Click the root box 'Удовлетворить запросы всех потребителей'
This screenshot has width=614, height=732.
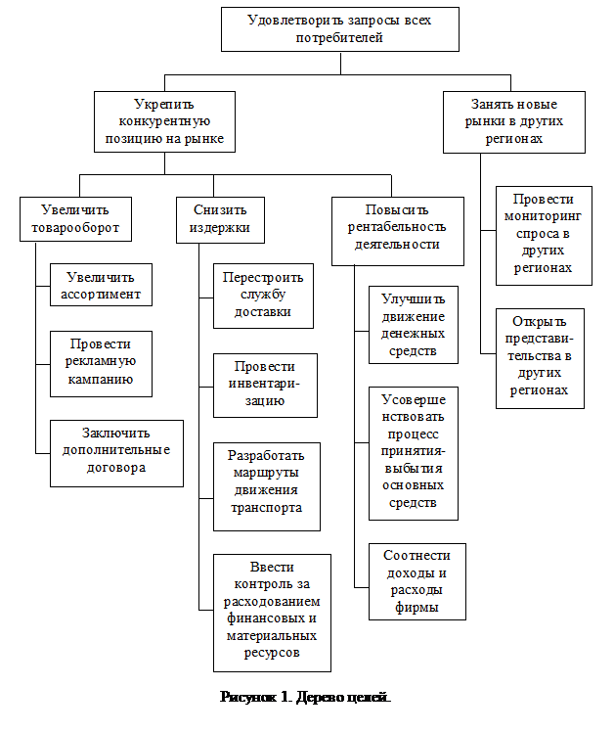[x=340, y=28]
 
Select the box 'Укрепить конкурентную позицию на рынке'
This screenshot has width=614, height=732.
[x=165, y=122]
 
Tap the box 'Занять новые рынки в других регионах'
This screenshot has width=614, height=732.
[x=513, y=121]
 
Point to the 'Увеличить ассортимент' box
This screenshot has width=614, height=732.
[x=102, y=285]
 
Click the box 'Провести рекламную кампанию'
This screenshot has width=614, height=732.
[x=102, y=362]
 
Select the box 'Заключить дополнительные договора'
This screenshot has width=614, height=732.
[x=116, y=451]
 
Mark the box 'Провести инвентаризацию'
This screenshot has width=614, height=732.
[x=267, y=384]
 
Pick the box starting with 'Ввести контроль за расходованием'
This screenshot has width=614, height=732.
[x=271, y=611]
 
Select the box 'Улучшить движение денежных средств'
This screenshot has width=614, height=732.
[x=414, y=324]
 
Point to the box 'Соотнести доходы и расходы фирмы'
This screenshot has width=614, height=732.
[x=417, y=580]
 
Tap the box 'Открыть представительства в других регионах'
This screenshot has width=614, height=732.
[x=540, y=357]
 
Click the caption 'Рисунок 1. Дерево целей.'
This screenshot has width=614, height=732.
[x=305, y=699]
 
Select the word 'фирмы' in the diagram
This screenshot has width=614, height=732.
[x=417, y=608]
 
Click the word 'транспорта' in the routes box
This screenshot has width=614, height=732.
[x=267, y=509]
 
